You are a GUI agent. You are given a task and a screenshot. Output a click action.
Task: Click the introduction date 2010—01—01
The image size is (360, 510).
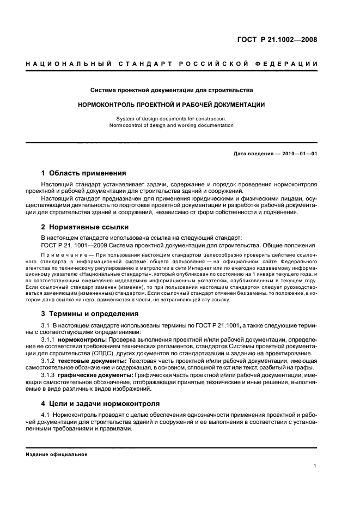pyautogui.click(x=299, y=153)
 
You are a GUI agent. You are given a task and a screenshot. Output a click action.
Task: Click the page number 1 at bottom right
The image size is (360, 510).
pyautogui.click(x=315, y=466)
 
